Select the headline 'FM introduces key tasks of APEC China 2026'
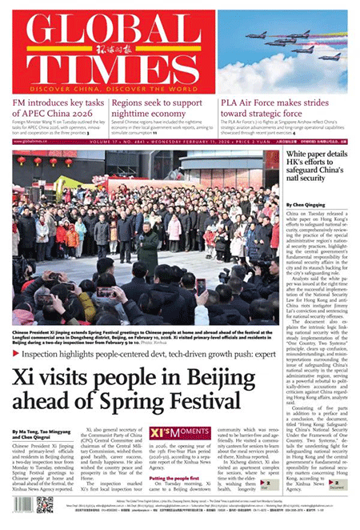pos(58,107)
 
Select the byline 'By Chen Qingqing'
pos(306,205)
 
